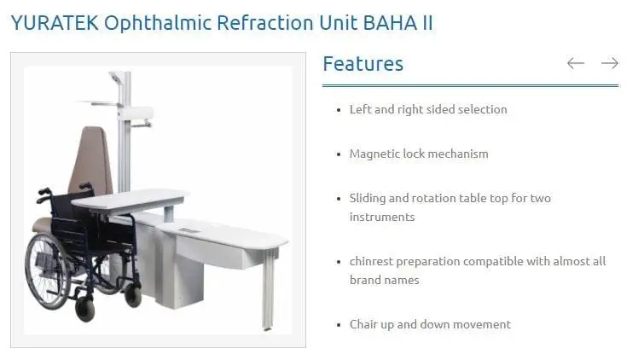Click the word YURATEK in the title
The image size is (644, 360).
click(55, 22)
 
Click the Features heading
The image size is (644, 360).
click(363, 64)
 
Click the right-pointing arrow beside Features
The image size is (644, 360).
click(610, 63)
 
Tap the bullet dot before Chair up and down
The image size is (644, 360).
click(339, 325)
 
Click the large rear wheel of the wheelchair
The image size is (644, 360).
click(46, 271)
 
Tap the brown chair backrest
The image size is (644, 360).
click(91, 161)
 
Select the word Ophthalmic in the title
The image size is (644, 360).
click(158, 23)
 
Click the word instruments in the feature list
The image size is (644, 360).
click(382, 217)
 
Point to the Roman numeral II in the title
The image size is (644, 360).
click(427, 22)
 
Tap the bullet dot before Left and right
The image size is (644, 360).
click(339, 110)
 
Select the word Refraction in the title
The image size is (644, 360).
click(265, 22)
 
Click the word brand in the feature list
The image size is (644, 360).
click(363, 281)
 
